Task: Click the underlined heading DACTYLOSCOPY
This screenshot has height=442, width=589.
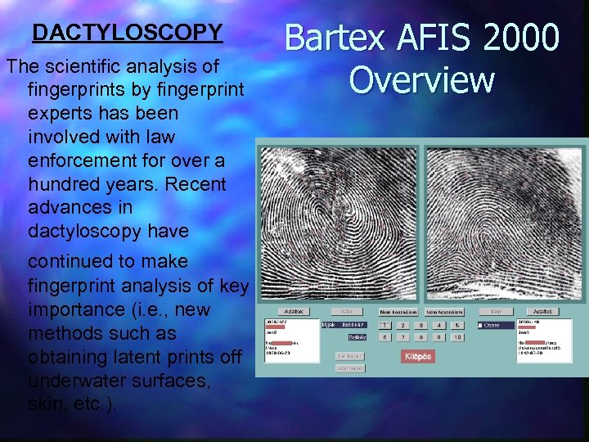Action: [127, 33]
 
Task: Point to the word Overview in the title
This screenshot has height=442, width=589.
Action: [421, 80]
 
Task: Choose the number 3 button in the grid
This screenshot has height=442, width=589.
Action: [421, 325]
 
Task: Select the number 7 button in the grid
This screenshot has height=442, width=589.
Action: [402, 337]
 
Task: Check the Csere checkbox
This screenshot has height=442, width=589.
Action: [479, 325]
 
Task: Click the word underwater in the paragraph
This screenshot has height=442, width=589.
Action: [72, 381]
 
